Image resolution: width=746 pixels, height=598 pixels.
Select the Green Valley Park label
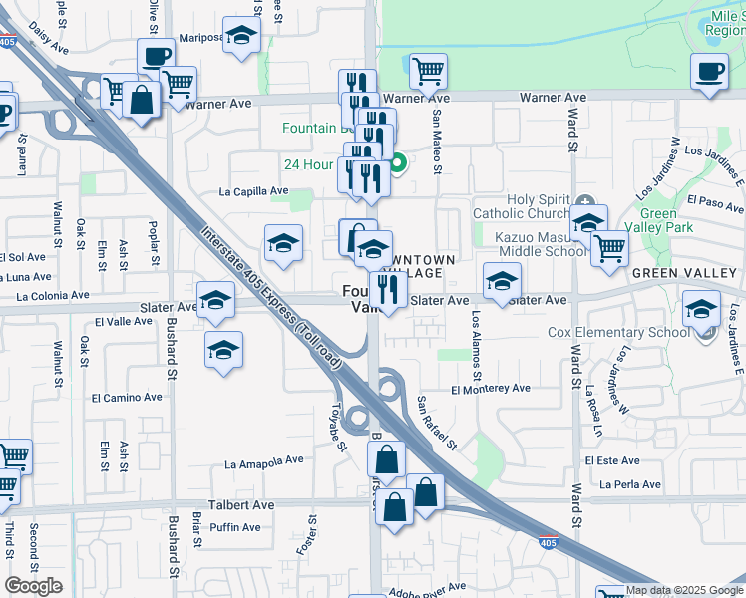click(658, 221)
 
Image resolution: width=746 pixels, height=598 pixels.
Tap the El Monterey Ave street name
click(490, 389)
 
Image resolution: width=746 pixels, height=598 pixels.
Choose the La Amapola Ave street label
click(263, 462)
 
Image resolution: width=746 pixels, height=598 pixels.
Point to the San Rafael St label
click(436, 423)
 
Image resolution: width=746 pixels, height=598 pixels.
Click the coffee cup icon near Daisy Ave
click(157, 56)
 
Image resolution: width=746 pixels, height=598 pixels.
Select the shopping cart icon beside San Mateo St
click(428, 71)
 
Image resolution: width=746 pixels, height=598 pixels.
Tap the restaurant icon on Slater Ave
click(388, 290)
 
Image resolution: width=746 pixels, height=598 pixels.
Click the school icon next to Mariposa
click(240, 36)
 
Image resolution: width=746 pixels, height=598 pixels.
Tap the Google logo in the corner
click(34, 586)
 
